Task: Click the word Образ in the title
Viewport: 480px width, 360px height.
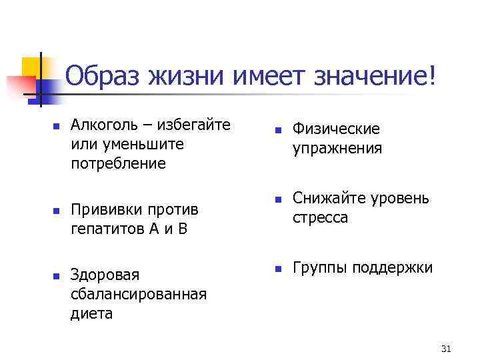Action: pos(107,79)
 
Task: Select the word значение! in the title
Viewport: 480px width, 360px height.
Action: pos(373,79)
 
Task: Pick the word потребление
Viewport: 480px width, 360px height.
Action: pos(119,163)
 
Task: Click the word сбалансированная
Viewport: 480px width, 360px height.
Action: pos(138,294)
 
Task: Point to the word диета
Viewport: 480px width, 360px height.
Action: pos(91,313)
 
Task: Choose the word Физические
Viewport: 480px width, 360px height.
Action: pos(336,129)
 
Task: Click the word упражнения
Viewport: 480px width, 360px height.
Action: pos(337,148)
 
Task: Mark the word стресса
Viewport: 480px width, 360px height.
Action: pos(320,217)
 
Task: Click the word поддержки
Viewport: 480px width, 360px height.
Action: pos(393,267)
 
